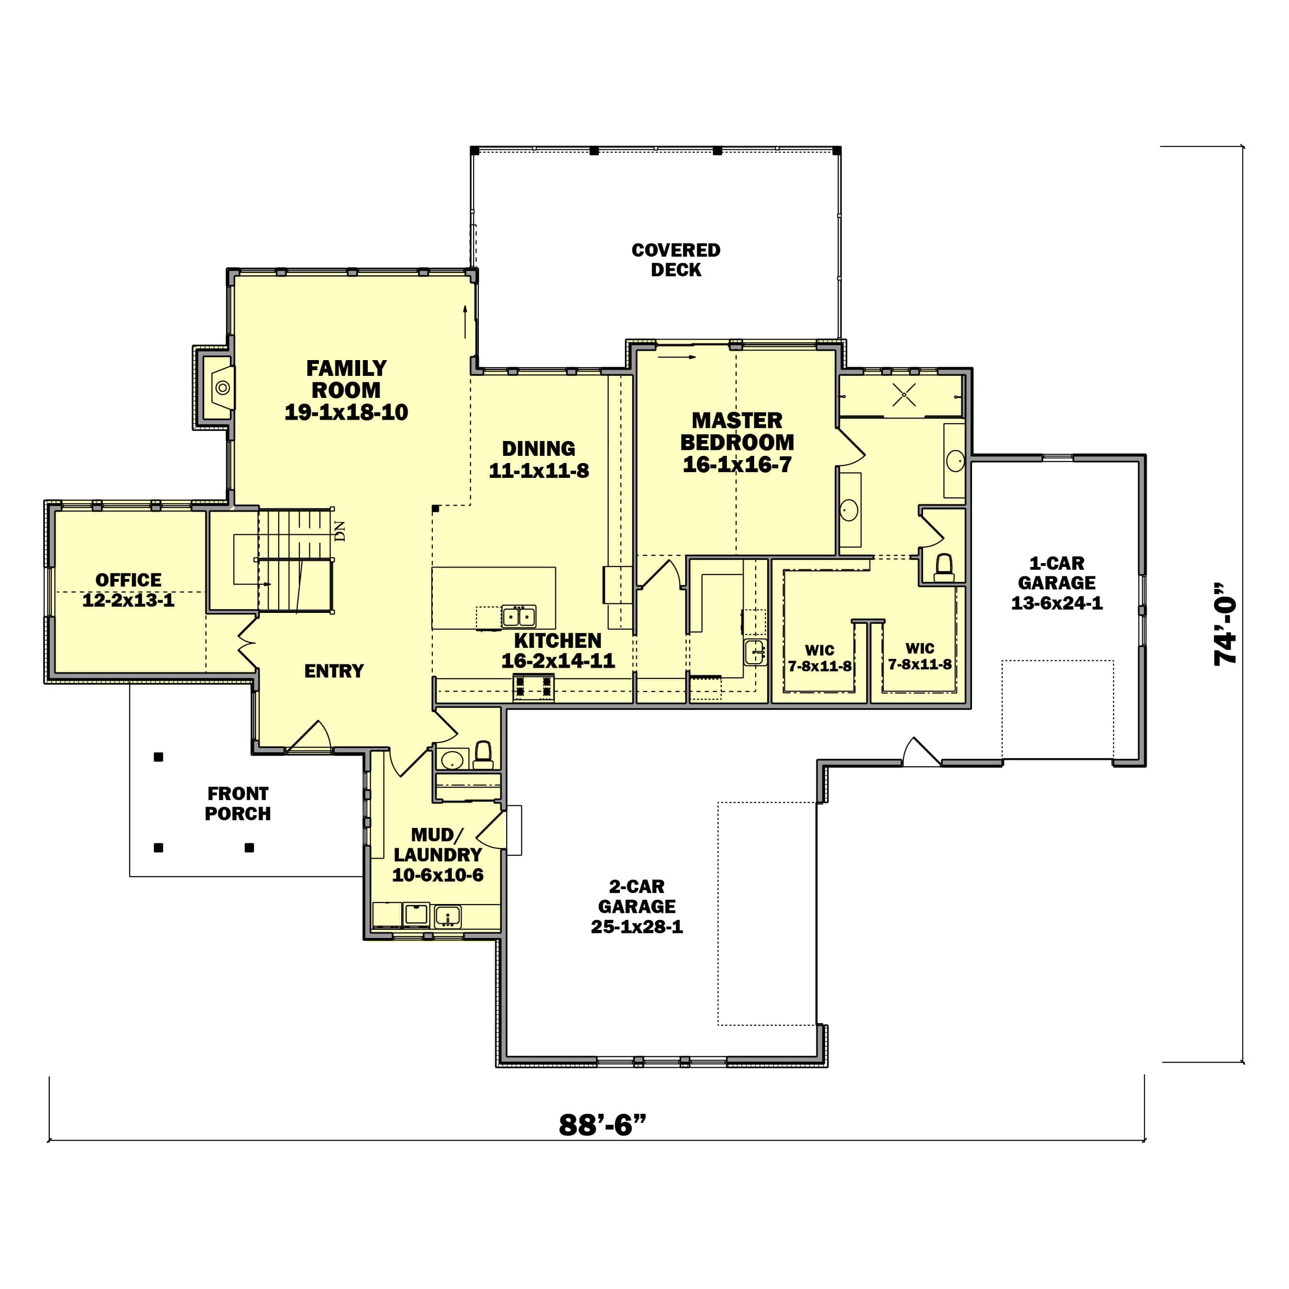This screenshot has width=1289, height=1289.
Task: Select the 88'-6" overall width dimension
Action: [x=602, y=1124]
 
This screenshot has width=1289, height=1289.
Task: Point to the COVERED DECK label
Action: [x=675, y=260]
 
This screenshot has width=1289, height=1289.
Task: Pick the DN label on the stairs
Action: [x=339, y=531]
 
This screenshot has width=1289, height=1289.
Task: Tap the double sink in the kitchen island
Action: [x=519, y=616]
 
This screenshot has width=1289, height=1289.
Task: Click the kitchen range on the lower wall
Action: [x=533, y=687]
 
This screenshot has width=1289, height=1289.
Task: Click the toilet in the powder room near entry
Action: [x=483, y=755]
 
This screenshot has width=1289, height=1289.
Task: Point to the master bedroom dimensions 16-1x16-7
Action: [x=736, y=464]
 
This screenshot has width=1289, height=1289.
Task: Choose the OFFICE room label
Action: [x=128, y=580]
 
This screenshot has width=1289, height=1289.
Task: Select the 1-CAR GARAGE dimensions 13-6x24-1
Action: [x=1056, y=603]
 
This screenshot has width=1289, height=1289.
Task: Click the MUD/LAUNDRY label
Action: [x=437, y=845]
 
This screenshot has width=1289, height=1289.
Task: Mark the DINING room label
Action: [x=538, y=448]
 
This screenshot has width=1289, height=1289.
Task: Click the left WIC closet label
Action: [x=819, y=650]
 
